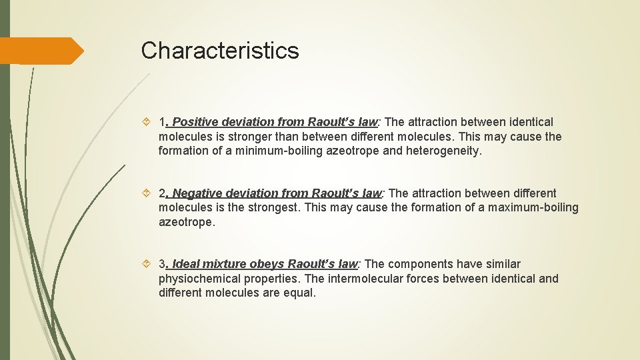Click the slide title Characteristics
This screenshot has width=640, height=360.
220,51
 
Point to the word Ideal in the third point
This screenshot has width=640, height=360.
187,264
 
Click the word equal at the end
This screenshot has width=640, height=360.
299,293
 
